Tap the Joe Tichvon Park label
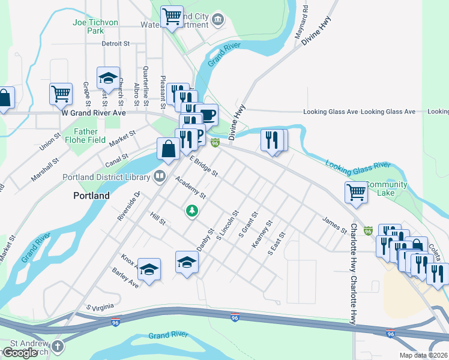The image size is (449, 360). (95, 26)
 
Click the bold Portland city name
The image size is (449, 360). (91, 196)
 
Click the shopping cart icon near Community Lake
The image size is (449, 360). (356, 192)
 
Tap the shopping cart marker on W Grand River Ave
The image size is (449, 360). (61, 93)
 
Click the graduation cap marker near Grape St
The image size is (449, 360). (108, 77)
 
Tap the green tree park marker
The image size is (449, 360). (192, 211)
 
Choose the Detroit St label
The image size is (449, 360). (116, 44)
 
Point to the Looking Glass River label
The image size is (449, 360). (358, 164)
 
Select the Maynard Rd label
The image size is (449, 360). (301, 23)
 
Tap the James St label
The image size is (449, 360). (334, 225)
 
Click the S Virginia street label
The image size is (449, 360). (100, 307)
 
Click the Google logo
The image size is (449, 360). (20, 353)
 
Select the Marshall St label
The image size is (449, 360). (45, 170)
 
